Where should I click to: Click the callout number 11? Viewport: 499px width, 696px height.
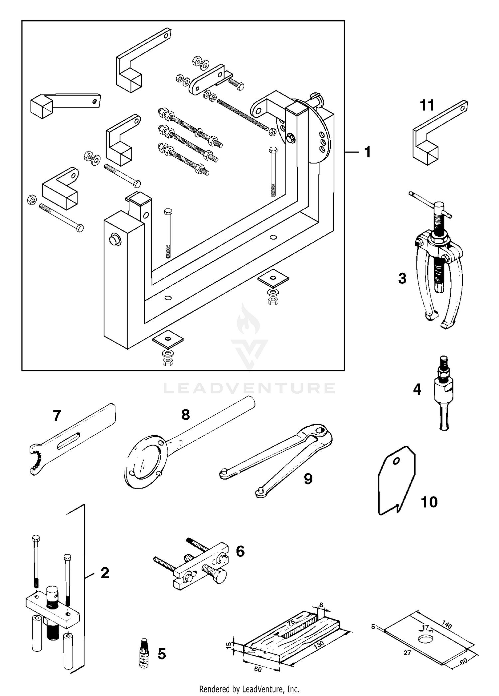[x=427, y=106]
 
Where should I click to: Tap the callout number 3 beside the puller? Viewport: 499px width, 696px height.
[x=402, y=278]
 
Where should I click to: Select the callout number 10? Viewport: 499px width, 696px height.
[x=429, y=502]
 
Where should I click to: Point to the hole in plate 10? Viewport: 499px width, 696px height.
[x=396, y=462]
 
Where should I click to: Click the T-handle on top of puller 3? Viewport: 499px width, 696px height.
[x=431, y=206]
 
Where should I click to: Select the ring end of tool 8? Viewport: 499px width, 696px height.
[x=143, y=464]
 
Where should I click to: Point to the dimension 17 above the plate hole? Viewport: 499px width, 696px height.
[x=425, y=627]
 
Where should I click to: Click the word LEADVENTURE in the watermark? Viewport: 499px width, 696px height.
[x=249, y=388]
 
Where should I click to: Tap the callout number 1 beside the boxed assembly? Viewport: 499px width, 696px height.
[x=368, y=152]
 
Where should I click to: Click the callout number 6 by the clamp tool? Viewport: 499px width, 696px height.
[x=240, y=551]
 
